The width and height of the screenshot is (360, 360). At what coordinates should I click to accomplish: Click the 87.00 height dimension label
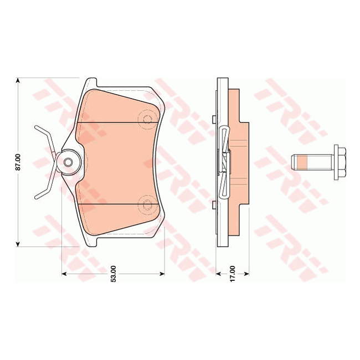18,162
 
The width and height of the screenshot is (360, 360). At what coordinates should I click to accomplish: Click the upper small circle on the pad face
147,120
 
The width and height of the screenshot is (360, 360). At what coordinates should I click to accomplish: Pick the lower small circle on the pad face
147,206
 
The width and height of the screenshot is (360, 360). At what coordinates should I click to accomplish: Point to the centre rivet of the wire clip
68,162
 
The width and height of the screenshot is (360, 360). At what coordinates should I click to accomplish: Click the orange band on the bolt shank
302,162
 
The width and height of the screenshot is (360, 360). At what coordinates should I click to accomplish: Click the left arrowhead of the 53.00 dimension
64,274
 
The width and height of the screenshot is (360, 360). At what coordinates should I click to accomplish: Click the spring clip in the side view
224,162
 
